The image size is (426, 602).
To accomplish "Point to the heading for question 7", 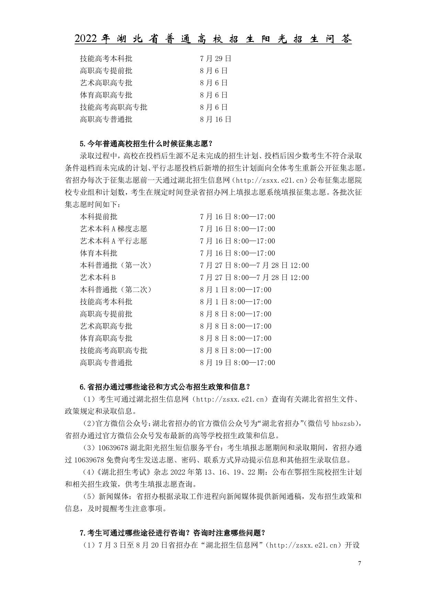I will click(x=172, y=533).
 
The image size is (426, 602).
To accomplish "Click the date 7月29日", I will click(x=215, y=58).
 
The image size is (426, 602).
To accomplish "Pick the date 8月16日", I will click(x=215, y=119).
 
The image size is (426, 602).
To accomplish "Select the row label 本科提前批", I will click(x=99, y=217).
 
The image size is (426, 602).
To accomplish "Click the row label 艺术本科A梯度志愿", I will click(x=113, y=229).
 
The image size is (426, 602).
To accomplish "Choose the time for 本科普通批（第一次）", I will click(x=254, y=265).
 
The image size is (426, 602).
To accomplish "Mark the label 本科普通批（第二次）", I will click(x=116, y=289).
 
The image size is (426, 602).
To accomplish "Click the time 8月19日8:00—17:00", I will click(x=237, y=363).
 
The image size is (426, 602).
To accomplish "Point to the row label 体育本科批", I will click(x=99, y=253).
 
